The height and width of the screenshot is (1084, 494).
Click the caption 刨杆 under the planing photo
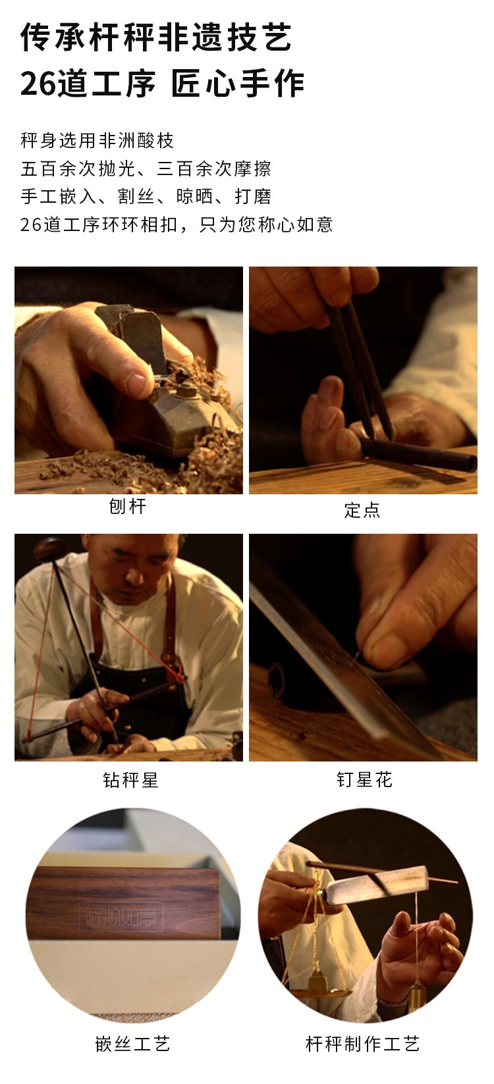point(128,507)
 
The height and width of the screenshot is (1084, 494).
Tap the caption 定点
point(362,510)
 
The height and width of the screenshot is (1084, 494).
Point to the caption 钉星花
point(364,779)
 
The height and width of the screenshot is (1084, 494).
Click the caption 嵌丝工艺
point(132,1044)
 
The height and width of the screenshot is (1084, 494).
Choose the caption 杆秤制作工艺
point(362,1044)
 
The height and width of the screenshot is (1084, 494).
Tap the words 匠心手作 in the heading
point(238,84)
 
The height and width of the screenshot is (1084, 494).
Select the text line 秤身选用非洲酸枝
point(97,141)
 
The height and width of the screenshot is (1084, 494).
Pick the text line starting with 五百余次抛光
point(146,168)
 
